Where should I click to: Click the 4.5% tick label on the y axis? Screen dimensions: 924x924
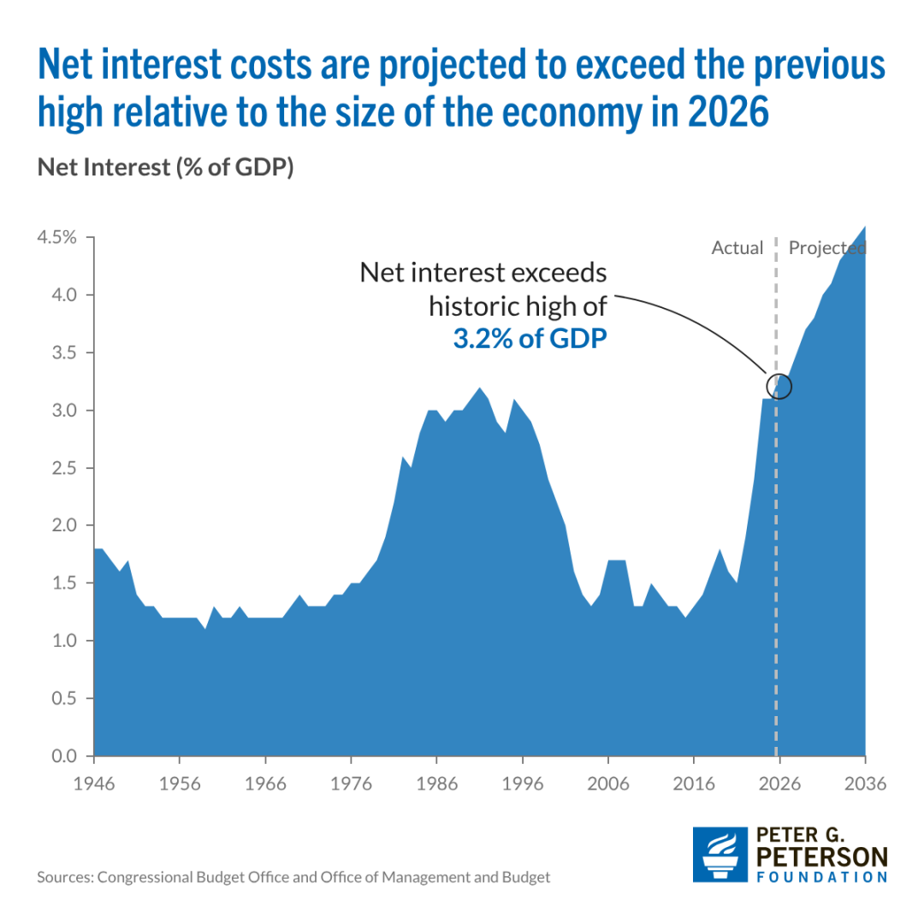point(56,238)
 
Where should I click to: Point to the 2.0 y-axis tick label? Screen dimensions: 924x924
point(64,525)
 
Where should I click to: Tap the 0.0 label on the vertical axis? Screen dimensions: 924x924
point(64,755)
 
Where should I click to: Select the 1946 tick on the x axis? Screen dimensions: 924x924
point(94,784)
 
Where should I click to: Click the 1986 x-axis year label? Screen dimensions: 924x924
point(436,784)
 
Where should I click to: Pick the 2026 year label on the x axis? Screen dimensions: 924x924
point(779,784)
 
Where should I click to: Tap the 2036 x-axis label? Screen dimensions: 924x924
point(865,784)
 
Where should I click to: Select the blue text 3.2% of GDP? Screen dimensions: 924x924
point(530,339)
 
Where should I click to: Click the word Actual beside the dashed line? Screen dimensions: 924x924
point(737,247)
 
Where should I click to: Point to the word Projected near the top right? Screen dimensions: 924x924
point(827,248)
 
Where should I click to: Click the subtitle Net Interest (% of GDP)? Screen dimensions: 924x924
point(166,168)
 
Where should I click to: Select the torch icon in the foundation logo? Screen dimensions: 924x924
point(720,855)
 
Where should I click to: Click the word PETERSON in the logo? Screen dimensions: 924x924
point(822,856)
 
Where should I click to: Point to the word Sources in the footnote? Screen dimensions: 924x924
point(65,877)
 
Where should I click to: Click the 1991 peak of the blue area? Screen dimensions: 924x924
point(479,388)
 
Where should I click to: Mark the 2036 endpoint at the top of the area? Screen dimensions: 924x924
point(865,226)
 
